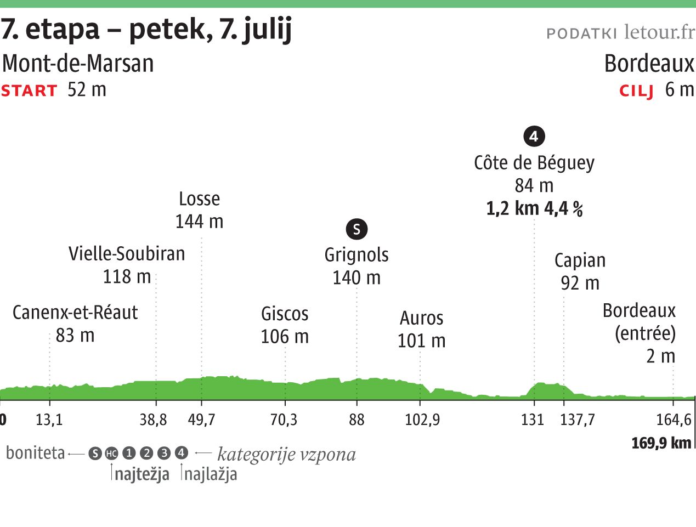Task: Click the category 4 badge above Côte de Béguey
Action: click(534, 136)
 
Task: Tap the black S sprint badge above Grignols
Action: click(357, 229)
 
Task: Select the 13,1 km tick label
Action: click(49, 420)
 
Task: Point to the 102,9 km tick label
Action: click(422, 420)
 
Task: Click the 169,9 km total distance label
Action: click(661, 443)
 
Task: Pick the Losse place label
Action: click(199, 199)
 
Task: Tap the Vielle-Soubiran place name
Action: click(127, 253)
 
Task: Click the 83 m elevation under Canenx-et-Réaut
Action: click(75, 335)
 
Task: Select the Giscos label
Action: click(285, 314)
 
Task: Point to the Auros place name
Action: click(421, 318)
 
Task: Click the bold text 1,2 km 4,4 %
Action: click(534, 209)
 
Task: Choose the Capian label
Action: click(580, 260)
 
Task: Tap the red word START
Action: click(29, 90)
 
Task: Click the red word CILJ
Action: click(636, 90)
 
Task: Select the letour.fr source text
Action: click(659, 32)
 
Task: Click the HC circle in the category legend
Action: click(111, 454)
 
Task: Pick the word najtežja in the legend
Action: click(142, 474)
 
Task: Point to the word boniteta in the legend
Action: click(35, 454)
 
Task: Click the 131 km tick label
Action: click(533, 420)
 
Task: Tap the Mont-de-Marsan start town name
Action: click(78, 64)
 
